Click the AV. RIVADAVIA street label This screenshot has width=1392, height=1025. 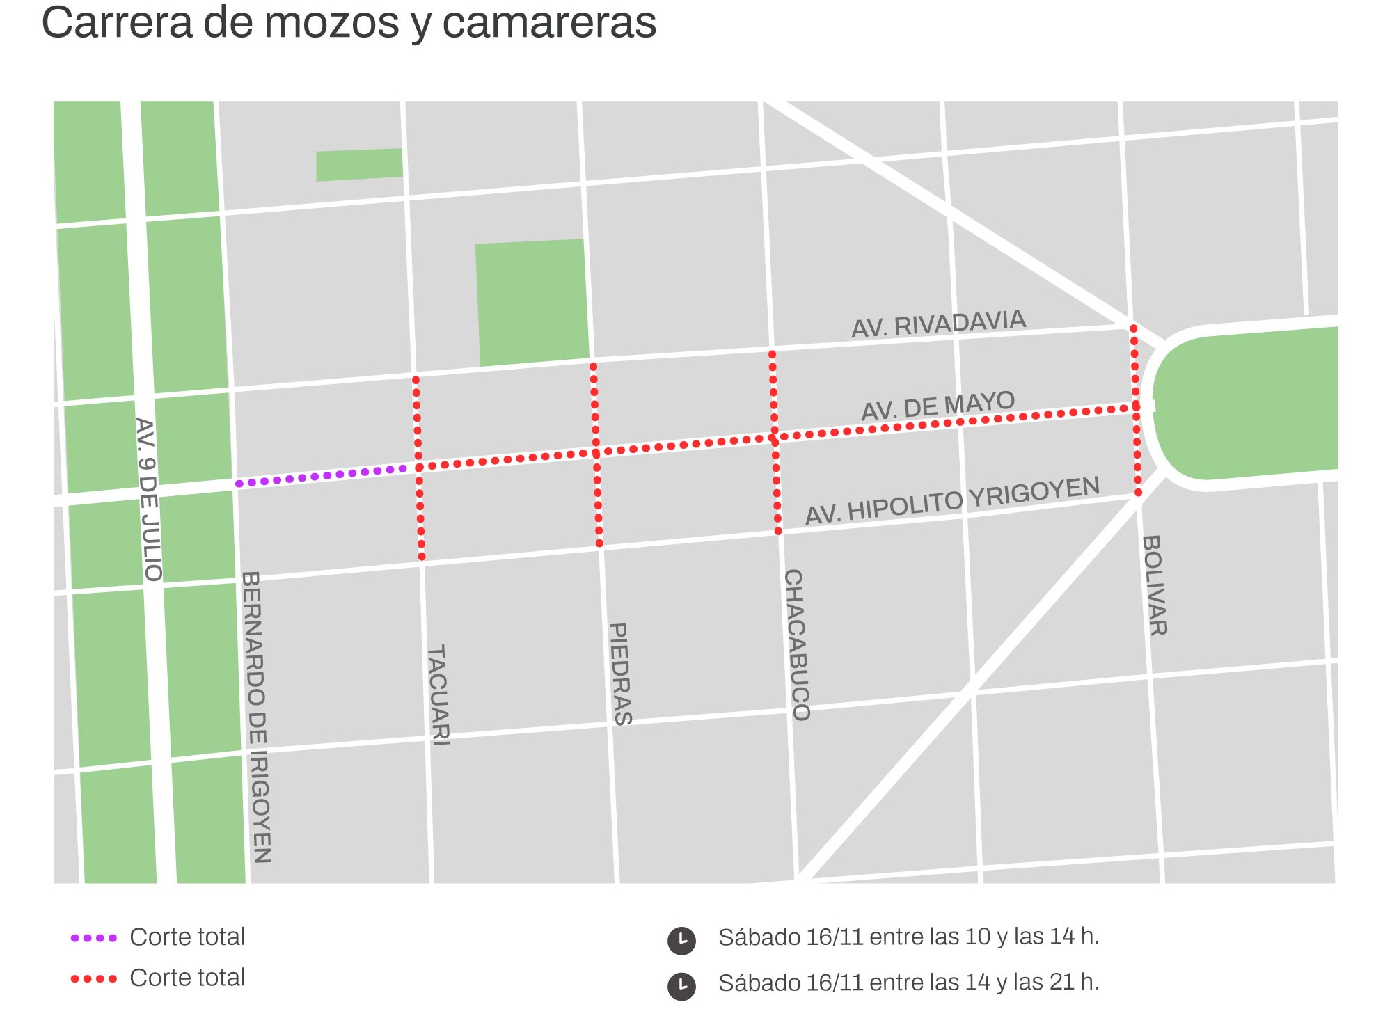pos(938,324)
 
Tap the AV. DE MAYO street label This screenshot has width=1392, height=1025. pos(938,406)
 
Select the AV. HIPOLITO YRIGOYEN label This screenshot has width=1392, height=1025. pos(952,500)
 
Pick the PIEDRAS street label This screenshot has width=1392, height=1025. pos(620,674)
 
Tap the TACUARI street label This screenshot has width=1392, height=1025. pos(438,696)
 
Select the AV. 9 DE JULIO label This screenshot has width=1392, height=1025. pos(148,500)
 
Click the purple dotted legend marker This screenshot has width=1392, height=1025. pos(94,938)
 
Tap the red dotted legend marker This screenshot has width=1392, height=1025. pos(94,979)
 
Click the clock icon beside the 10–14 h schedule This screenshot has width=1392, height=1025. pos(681,940)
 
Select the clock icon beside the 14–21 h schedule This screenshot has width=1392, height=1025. pos(681,986)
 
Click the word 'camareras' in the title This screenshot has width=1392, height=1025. pos(549,22)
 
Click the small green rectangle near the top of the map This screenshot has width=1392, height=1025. pos(359,165)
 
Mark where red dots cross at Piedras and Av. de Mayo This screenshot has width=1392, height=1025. pos(596,454)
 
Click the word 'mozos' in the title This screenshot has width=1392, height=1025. pos(331,22)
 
